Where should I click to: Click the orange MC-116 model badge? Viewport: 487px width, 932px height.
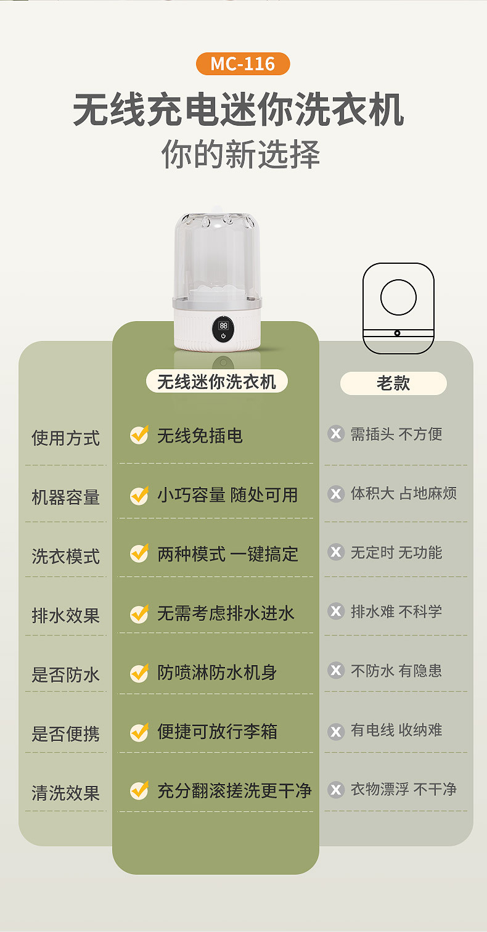(242, 64)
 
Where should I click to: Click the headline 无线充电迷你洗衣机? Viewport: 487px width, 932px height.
(239, 110)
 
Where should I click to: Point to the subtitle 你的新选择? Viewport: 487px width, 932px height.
(240, 154)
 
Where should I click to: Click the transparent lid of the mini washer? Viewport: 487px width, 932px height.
(216, 259)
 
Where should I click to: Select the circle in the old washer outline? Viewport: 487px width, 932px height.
(398, 297)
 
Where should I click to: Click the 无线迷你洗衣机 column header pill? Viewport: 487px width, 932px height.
(216, 382)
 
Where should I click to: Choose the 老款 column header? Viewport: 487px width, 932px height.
(393, 383)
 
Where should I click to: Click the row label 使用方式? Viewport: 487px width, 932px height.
(65, 438)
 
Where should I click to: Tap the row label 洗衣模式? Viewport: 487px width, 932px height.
(65, 557)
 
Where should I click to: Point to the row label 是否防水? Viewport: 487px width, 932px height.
(65, 675)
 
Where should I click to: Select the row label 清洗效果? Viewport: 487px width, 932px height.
(65, 793)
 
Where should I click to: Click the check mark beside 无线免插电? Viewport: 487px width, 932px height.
(139, 435)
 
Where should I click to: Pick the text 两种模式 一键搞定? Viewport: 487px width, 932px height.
(227, 554)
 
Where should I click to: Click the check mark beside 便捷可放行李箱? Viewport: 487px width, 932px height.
(139, 732)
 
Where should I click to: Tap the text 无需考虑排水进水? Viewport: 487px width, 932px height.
(226, 613)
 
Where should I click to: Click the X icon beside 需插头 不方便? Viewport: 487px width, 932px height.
(336, 434)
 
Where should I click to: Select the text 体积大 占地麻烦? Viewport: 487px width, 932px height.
(403, 494)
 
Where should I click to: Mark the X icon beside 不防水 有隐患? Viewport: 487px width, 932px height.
(336, 670)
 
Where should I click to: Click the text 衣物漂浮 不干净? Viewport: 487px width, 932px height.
(403, 790)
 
